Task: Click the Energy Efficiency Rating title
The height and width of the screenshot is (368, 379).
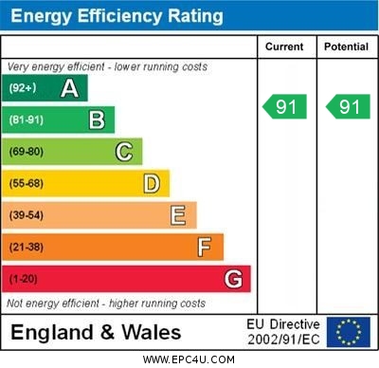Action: click(117, 16)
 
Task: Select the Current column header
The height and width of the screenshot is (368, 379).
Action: click(284, 46)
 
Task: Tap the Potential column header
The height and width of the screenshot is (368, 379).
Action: click(346, 46)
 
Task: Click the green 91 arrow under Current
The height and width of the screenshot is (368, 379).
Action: click(286, 107)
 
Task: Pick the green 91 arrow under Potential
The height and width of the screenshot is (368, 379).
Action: click(349, 107)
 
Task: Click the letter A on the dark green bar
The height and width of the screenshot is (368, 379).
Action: click(69, 89)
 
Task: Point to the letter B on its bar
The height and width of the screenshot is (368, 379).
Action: click(97, 120)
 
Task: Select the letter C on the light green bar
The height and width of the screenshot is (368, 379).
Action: click(123, 152)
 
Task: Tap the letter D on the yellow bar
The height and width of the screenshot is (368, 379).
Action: click(151, 183)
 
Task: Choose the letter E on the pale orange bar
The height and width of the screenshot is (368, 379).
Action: click(177, 215)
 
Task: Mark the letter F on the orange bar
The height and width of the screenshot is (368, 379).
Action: click(204, 248)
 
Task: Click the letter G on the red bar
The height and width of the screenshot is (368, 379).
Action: click(232, 279)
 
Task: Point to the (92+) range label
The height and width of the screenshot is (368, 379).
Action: click(23, 89)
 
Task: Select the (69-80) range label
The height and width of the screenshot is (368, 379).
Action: click(27, 152)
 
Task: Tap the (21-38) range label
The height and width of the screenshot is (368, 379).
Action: click(27, 248)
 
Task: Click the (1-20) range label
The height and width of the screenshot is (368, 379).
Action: click(24, 279)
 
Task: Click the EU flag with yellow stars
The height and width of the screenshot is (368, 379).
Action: click(349, 332)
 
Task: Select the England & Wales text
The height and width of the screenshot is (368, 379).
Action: click(96, 332)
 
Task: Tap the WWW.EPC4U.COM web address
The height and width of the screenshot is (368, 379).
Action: click(189, 359)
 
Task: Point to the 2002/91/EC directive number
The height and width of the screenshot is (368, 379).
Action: click(284, 339)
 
